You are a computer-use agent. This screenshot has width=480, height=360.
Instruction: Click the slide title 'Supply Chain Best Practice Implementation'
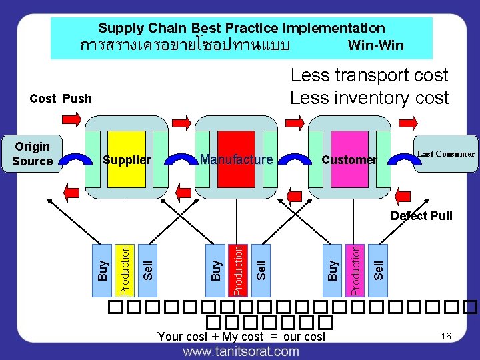click(241, 28)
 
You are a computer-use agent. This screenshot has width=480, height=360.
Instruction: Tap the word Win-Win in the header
click(375, 46)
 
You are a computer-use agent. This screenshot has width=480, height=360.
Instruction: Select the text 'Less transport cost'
click(369, 75)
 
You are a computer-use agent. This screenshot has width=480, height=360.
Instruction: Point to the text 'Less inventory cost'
click(369, 98)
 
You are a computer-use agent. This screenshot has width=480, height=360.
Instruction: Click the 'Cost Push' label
click(61, 99)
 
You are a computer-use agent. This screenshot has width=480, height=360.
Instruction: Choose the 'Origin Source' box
click(33, 153)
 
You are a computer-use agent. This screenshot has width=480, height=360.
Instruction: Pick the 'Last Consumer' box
click(445, 154)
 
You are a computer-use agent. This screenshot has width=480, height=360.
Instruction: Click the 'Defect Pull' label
click(421, 215)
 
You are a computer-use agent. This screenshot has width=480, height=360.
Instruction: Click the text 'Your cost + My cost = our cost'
click(241, 337)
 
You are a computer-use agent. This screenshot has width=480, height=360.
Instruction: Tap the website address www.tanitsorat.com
click(241, 351)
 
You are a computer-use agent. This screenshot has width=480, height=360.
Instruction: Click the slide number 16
click(446, 336)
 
